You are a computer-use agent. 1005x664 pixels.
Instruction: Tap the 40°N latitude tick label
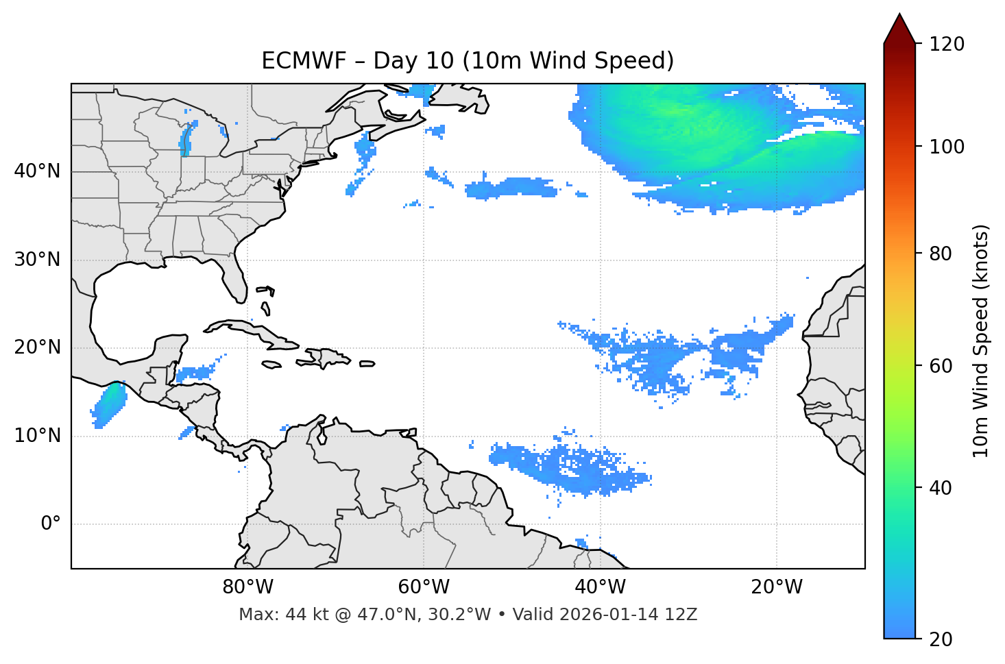[x=37, y=171]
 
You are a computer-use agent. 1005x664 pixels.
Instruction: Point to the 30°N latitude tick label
[x=37, y=260]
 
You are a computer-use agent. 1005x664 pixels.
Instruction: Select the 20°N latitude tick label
[x=37, y=347]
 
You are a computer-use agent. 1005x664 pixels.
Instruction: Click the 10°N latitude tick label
[x=37, y=436]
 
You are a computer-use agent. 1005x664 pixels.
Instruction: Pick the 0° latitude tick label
[x=50, y=524]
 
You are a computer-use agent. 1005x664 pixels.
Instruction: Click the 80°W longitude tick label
[x=247, y=587]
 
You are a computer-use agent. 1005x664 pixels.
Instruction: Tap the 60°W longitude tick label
[x=424, y=587]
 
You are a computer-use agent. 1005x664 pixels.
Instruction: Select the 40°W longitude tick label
[x=600, y=587]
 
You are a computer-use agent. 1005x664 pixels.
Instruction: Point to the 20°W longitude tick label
[x=776, y=587]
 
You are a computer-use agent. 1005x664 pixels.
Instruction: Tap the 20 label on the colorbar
[x=941, y=639]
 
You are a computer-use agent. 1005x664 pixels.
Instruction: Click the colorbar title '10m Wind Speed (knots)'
[x=982, y=341]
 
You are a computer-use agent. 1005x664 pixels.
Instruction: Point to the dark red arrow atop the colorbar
[x=899, y=29]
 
